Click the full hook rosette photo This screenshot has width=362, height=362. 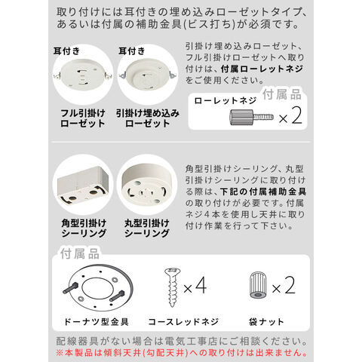click(83, 75)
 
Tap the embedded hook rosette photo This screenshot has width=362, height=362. click(148, 75)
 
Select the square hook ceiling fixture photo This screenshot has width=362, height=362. click(83, 186)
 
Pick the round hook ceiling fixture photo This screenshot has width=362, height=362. click(147, 185)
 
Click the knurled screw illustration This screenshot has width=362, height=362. click(252, 117)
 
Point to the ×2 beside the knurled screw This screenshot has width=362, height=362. click(290, 115)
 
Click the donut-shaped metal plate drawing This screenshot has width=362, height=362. click(98, 287)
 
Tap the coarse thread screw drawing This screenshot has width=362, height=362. click(173, 287)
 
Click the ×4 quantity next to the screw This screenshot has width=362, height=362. click(195, 286)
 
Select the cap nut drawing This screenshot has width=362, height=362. click(258, 285)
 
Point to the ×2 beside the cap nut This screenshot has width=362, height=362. click(284, 285)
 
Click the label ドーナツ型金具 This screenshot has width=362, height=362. click(97, 321)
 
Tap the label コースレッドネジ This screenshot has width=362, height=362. click(183, 321)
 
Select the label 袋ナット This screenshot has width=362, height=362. click(266, 321)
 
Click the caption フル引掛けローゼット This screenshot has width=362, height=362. click(83, 118)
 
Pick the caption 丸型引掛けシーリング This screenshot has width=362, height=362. click(147, 229)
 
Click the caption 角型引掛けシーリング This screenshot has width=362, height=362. click(84, 229)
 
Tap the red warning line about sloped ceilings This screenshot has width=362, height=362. click(182, 352)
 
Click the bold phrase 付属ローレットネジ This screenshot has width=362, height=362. click(262, 69)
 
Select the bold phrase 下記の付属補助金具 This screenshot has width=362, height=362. click(263, 192)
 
